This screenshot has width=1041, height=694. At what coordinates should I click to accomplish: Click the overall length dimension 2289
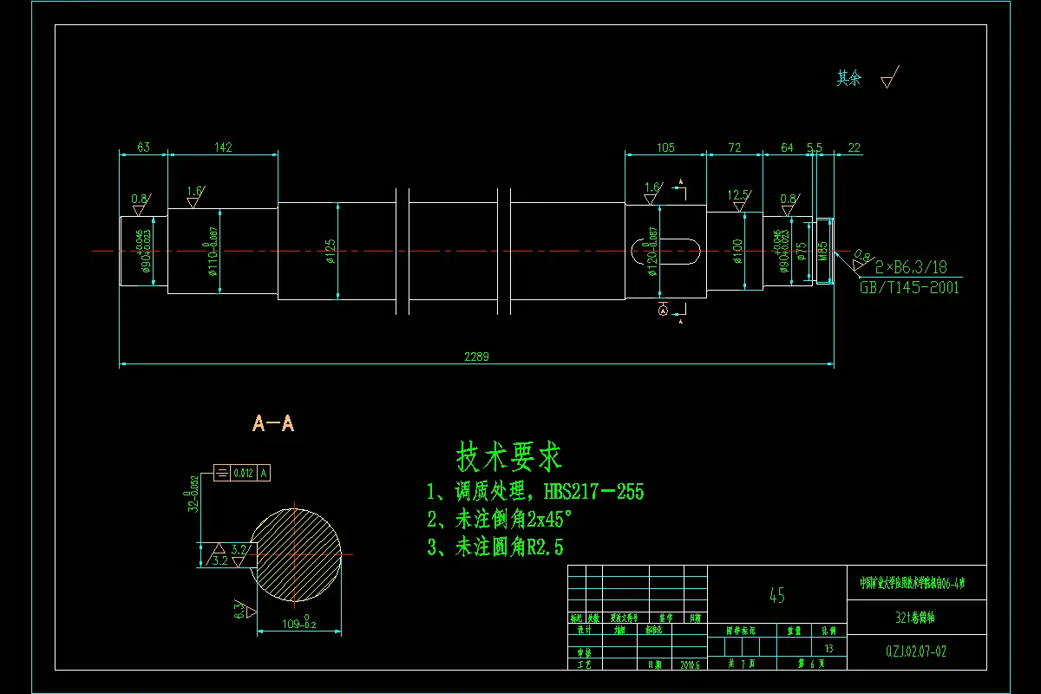coord(476,357)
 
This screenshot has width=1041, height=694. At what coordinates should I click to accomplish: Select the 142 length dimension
coord(223,147)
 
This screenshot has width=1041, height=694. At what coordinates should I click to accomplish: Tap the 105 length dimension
coord(665,147)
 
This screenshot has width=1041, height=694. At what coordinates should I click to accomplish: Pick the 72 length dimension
coord(734,147)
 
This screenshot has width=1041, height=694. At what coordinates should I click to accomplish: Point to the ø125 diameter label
coord(331,251)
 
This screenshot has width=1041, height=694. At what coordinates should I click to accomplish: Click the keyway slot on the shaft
coord(665,251)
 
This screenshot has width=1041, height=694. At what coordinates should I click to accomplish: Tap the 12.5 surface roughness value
coord(737,196)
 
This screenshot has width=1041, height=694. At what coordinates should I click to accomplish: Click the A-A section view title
coord(273,423)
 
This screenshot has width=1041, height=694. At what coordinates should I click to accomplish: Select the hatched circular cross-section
coord(296,552)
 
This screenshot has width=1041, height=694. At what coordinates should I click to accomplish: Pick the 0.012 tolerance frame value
coord(243,473)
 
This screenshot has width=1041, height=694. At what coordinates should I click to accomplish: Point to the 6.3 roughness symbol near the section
coord(240,610)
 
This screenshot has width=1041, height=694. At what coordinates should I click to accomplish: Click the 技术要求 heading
coord(509,455)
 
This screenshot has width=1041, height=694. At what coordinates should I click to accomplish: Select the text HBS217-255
coord(593,492)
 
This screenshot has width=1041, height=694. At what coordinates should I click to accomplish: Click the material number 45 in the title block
coord(776,595)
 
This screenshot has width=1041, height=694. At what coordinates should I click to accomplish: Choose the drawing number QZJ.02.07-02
coord(916,648)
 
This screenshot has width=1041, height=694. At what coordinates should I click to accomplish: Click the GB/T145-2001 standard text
coord(909,288)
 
